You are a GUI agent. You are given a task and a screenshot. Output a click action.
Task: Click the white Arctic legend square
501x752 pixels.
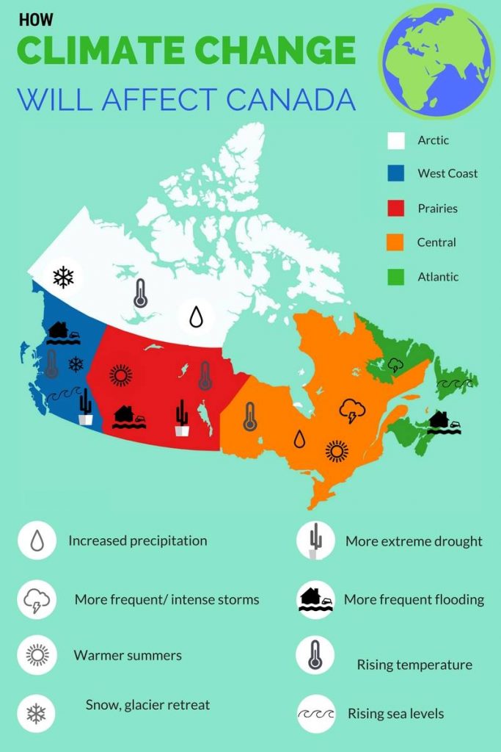[396, 140]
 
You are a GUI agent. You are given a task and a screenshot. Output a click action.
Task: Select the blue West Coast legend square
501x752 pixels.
[396, 174]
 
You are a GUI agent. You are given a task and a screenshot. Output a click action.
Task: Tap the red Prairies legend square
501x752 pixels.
[396, 209]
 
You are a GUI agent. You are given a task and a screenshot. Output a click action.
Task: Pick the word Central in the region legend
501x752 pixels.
[436, 242]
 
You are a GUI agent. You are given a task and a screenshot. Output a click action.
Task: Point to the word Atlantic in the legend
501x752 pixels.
[438, 277]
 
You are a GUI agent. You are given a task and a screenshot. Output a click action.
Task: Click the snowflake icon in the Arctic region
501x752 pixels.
[63, 277]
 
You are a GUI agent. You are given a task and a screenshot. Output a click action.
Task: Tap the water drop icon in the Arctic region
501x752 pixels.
[196, 317]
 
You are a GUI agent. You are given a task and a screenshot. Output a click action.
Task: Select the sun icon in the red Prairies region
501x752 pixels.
[121, 375]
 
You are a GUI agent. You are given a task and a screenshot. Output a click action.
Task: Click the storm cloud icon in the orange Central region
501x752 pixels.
[352, 411]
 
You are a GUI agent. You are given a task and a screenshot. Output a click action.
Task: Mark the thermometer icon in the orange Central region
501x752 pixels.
[250, 416]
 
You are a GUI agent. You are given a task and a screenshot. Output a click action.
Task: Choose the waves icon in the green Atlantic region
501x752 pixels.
[450, 384]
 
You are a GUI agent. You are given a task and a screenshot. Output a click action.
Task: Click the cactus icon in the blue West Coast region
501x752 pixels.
[86, 407]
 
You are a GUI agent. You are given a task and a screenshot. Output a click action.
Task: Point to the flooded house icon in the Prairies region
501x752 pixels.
[129, 417]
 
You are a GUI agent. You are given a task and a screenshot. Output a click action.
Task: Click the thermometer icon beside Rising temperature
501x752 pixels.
[315, 655]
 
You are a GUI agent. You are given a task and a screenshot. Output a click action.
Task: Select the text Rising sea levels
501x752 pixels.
[395, 713]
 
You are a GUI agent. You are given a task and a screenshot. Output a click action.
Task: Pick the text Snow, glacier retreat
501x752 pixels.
[147, 705]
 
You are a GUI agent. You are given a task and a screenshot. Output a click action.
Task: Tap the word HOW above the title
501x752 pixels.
[36, 20]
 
